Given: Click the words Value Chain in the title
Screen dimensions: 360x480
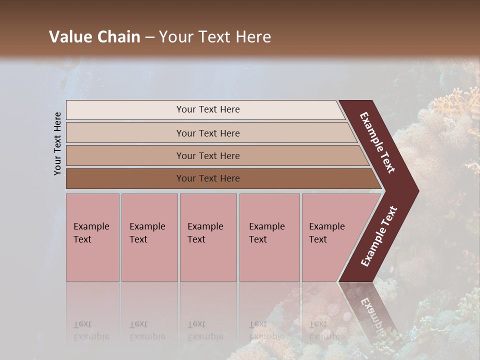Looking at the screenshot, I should click(x=94, y=37).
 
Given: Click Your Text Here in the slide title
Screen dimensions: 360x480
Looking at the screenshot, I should click(x=215, y=37).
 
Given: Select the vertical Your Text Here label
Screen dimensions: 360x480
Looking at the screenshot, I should click(x=57, y=143).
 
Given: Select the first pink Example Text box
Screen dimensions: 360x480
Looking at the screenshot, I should click(x=92, y=237).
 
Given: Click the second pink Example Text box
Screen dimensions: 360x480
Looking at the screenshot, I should click(x=149, y=237).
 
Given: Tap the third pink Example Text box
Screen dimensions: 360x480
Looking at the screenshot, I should click(x=208, y=237).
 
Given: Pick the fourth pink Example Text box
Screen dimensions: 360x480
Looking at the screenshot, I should click(x=269, y=237).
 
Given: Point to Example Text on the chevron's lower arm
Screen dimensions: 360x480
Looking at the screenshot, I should click(x=379, y=236).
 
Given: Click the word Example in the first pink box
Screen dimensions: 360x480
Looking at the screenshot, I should click(x=91, y=226).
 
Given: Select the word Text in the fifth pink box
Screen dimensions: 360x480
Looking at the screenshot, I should click(x=318, y=239).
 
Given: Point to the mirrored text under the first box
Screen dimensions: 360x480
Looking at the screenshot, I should click(x=91, y=330).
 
